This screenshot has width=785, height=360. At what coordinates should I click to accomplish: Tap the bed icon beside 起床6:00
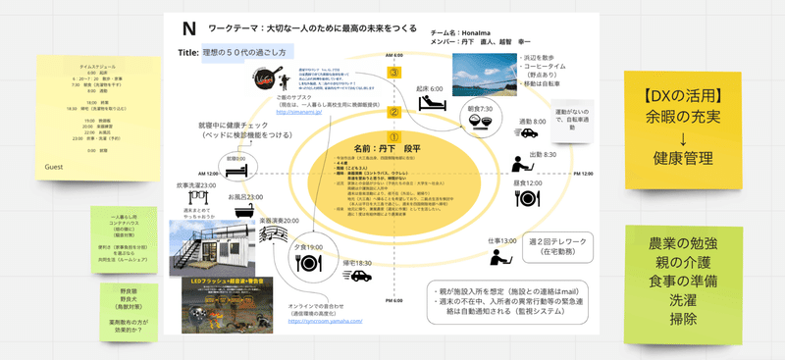(x=431, y=101)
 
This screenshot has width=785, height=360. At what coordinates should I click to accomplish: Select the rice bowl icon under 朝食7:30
(x=481, y=122)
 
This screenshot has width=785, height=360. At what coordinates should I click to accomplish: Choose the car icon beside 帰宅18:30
(x=362, y=276)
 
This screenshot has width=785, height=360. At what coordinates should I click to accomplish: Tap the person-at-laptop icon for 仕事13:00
(x=501, y=257)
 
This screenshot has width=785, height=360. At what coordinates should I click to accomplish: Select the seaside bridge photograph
(x=487, y=74)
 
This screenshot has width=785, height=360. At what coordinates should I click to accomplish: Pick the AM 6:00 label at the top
(x=393, y=55)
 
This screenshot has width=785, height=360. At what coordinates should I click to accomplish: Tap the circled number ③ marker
(x=393, y=72)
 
